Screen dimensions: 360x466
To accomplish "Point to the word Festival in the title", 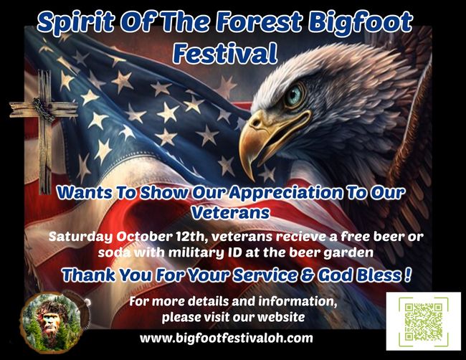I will (225, 53).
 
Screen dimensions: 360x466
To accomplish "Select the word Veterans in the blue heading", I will (230, 212).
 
